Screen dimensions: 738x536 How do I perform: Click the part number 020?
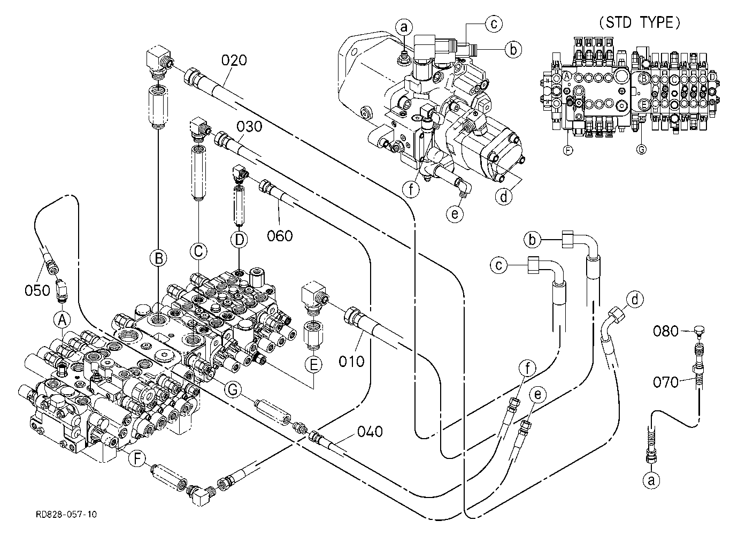point(234,60)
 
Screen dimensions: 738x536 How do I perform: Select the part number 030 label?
point(249,127)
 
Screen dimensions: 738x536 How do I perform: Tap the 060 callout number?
point(280,236)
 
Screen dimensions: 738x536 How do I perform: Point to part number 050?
point(37,291)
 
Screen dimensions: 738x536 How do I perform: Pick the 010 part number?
point(351,362)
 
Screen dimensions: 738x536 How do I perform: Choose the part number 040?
point(370,432)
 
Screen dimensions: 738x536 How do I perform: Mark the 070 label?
point(666,382)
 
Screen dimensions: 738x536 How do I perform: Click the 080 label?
point(666,331)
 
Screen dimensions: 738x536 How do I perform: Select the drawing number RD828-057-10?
point(66,514)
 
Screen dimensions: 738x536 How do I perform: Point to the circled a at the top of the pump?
point(404,27)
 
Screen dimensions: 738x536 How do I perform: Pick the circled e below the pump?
point(455,215)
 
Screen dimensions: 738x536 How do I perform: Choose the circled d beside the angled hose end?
point(635,300)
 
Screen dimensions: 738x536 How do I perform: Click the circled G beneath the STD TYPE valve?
point(641,150)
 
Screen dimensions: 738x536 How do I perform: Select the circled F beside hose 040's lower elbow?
point(137,458)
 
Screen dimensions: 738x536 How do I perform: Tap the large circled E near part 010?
point(313,365)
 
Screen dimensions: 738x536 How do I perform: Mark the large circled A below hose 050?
point(62,320)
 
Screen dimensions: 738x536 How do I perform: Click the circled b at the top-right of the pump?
point(513,49)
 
